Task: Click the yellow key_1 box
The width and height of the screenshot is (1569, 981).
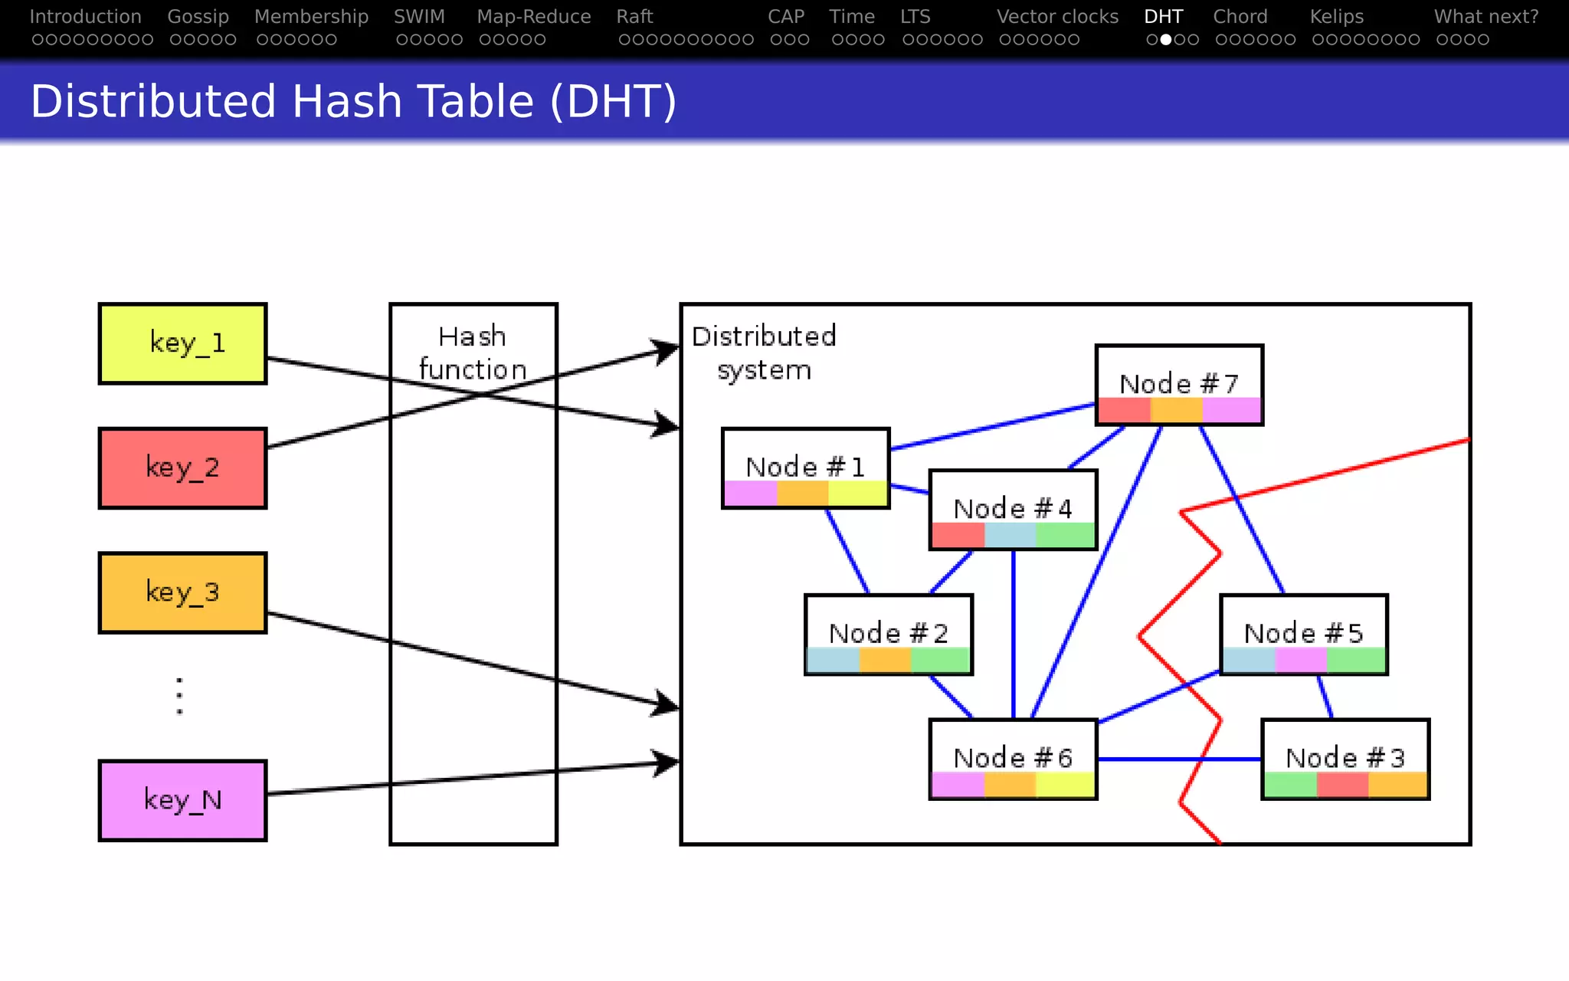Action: tap(182, 343)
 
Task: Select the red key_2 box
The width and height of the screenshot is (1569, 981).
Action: tap(182, 468)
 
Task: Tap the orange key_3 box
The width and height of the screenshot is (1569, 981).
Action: tap(182, 592)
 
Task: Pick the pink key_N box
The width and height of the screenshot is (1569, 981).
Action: tap(182, 800)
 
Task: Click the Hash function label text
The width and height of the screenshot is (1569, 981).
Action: tap(473, 353)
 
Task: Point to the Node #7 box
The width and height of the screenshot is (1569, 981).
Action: tap(1178, 385)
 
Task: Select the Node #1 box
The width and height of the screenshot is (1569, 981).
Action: tap(805, 468)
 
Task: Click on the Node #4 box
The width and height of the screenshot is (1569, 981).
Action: tap(1013, 510)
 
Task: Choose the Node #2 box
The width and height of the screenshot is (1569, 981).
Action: tap(888, 635)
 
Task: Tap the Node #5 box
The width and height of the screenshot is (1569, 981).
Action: tap(1303, 635)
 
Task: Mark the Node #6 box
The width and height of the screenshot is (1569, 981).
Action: tap(1013, 759)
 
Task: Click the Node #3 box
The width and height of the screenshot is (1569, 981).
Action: tap(1345, 759)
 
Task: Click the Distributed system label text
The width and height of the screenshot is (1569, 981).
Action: tap(764, 353)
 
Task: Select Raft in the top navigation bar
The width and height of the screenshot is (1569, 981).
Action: tap(634, 17)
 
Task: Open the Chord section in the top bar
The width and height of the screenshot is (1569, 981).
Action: tap(1240, 17)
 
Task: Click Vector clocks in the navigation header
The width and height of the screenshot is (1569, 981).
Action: tap(1057, 17)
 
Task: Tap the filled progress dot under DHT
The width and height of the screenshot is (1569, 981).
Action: tap(1165, 40)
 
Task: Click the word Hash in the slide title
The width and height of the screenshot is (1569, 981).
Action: tap(347, 102)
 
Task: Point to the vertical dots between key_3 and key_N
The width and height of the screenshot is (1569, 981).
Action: tap(179, 696)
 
